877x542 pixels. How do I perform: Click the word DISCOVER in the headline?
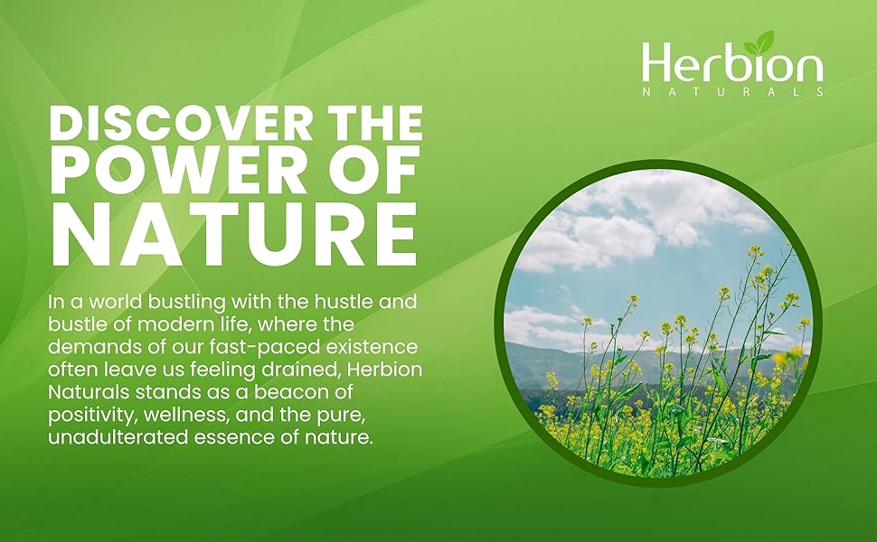coord(180,123)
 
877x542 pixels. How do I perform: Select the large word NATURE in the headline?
coord(234,233)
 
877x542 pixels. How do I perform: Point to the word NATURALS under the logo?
coord(732,92)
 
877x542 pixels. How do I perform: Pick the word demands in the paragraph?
coord(86,347)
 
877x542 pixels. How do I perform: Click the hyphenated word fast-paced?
coord(266,348)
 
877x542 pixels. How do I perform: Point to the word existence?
coord(372,347)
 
